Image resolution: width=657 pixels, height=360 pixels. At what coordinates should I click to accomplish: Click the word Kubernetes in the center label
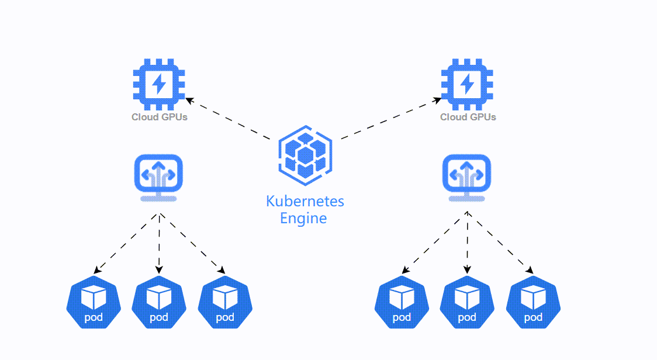pyautogui.click(x=305, y=202)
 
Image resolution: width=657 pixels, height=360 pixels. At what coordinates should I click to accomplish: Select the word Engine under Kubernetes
pyautogui.click(x=303, y=219)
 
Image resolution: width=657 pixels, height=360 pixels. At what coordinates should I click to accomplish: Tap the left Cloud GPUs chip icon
pyautogui.click(x=159, y=85)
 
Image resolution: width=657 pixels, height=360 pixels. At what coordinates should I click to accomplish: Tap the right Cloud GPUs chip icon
pyautogui.click(x=467, y=85)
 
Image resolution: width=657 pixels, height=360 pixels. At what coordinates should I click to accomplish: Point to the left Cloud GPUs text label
pyautogui.click(x=159, y=117)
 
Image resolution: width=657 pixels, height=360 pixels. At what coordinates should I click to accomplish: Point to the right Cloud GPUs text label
pyautogui.click(x=468, y=117)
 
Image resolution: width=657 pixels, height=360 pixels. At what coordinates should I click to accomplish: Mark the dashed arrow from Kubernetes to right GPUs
pyautogui.click(x=390, y=119)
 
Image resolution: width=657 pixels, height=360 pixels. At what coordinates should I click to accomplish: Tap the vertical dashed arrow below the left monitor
pyautogui.click(x=159, y=243)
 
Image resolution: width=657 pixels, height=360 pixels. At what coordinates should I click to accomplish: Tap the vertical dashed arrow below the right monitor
pyautogui.click(x=467, y=243)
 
